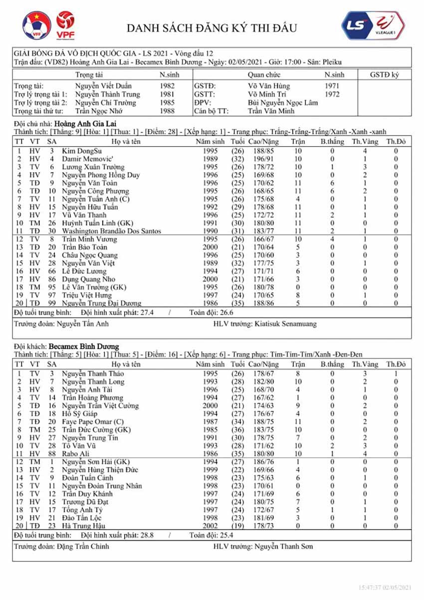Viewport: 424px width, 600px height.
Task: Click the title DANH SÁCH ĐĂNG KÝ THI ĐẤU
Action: point(212,28)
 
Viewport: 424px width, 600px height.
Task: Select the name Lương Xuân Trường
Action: point(93,167)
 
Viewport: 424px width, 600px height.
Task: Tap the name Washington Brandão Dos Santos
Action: point(112,231)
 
